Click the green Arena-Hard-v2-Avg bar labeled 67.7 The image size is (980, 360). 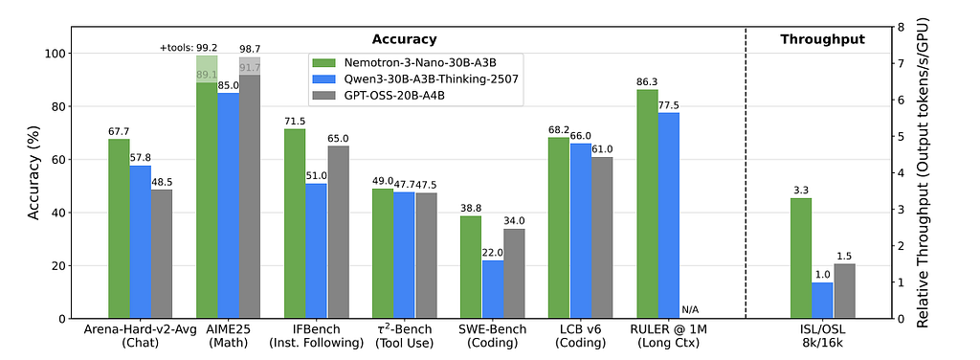click(x=119, y=229)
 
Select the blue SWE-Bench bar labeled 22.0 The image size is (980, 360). click(x=492, y=289)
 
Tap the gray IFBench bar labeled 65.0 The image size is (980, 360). click(x=338, y=232)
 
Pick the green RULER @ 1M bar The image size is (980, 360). click(x=647, y=204)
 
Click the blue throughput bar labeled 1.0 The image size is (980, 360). click(x=822, y=301)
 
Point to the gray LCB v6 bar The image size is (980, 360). click(x=602, y=237)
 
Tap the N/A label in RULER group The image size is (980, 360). click(x=690, y=309)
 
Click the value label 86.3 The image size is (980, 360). click(x=647, y=81)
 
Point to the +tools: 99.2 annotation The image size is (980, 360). click(x=189, y=48)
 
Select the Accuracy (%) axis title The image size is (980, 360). click(x=35, y=172)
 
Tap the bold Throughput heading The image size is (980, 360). click(x=822, y=39)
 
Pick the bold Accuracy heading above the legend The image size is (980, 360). click(x=404, y=39)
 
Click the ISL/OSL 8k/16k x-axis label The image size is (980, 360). click(x=822, y=336)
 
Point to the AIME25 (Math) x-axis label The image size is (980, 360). click(x=228, y=336)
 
